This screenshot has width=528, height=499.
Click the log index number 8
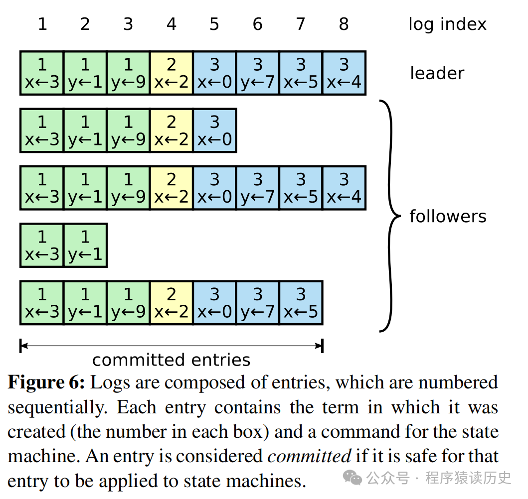coord(344,24)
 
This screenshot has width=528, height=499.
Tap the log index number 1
coord(42,24)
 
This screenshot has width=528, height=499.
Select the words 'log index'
coord(447,24)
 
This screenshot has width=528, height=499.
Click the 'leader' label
coord(437,73)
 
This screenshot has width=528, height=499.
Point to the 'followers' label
coord(448,216)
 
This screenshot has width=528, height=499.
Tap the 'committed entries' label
coord(171,360)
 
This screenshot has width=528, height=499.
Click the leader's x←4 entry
coord(344,73)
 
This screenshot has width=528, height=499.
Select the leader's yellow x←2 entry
coord(172,73)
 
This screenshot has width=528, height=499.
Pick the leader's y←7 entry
coord(258,73)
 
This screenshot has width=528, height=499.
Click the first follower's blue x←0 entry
coord(214,130)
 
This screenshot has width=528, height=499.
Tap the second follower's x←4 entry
coord(344,188)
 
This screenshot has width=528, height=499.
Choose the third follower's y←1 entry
coord(85,246)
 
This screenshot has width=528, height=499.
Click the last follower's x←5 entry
coord(301,303)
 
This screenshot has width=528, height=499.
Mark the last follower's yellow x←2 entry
coord(172,303)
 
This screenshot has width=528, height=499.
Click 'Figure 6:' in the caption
coord(47,382)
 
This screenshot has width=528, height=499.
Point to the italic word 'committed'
coord(309,456)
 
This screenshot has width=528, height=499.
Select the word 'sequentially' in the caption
coord(57,407)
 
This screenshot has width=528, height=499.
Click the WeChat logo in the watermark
coord(355,478)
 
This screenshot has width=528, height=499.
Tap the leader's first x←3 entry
coord(42,73)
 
